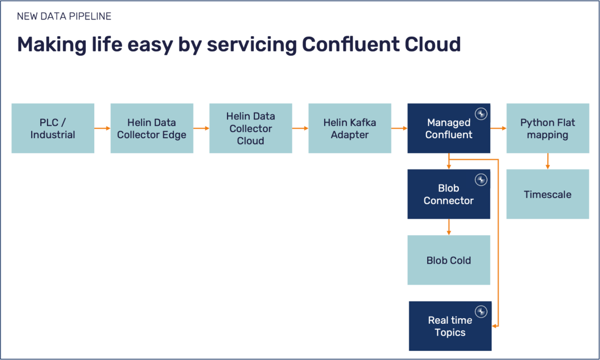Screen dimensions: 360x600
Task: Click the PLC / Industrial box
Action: (x=53, y=128)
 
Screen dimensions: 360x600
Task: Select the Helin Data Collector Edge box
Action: (x=152, y=128)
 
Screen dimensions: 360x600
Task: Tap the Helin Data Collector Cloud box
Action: (x=250, y=128)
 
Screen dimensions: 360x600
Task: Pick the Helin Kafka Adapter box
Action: (x=350, y=128)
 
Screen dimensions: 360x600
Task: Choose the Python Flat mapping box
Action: (x=547, y=128)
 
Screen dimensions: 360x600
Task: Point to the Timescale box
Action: (x=547, y=194)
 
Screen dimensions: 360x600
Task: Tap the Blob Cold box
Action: (x=448, y=260)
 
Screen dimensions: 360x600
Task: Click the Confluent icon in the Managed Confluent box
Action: (x=481, y=114)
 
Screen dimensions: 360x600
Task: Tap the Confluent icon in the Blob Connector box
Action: (x=481, y=180)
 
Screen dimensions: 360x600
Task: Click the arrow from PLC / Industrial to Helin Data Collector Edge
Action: (x=102, y=128)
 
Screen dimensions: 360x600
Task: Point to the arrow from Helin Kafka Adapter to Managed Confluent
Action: (x=399, y=128)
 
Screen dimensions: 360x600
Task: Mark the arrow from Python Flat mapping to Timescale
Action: (x=547, y=161)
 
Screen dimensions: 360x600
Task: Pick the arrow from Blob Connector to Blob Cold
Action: (x=448, y=227)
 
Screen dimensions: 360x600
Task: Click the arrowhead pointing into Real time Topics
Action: (x=494, y=326)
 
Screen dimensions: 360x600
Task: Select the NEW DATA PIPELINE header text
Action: (x=64, y=17)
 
